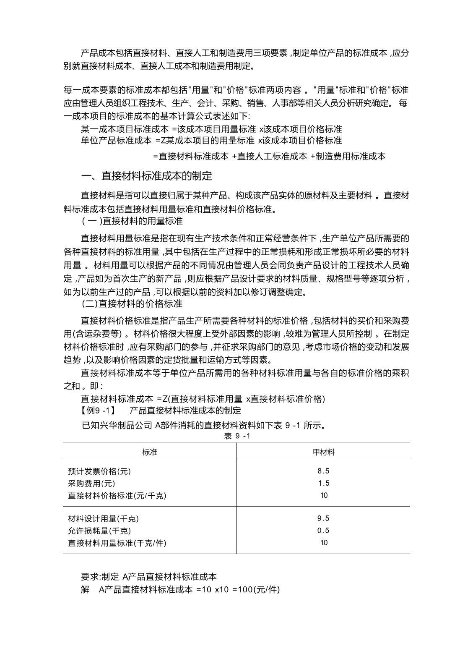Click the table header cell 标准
(x=150, y=452)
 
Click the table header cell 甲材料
(x=323, y=452)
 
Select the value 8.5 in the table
(x=323, y=471)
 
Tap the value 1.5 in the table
(x=323, y=483)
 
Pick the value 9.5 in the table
(x=323, y=518)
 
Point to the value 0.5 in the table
(x=323, y=531)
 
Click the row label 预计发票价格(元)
(x=99, y=471)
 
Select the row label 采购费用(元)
(x=91, y=484)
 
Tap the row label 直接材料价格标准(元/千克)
(x=117, y=496)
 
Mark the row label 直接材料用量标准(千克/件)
(x=117, y=543)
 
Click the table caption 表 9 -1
(x=237, y=436)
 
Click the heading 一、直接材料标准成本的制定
(x=146, y=176)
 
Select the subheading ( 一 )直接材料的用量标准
(x=132, y=221)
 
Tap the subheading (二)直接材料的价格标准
(x=132, y=303)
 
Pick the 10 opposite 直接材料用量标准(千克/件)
(x=324, y=543)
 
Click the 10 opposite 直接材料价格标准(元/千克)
(x=324, y=495)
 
